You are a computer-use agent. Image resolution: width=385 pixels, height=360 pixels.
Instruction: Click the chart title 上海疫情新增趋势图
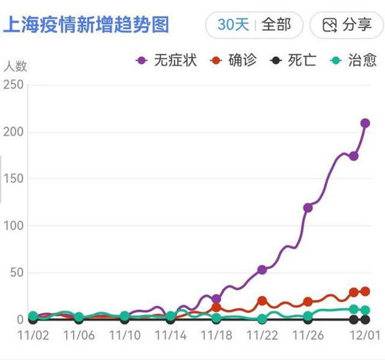pos(86,25)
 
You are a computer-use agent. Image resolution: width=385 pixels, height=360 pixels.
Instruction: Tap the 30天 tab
pos(233,25)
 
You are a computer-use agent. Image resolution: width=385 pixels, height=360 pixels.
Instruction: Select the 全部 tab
pos(276,25)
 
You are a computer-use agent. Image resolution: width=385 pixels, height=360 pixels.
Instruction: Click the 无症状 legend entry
pos(167,60)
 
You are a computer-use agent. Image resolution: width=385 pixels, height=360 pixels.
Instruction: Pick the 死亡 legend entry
pos(294,60)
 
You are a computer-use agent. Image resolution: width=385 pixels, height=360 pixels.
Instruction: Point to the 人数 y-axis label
pos(15,66)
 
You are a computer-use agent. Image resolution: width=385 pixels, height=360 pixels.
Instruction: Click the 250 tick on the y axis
pos(13,85)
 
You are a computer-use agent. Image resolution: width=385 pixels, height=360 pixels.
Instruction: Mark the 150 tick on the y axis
pos(13,179)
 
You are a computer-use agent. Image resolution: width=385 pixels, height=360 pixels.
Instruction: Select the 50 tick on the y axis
pos(16,273)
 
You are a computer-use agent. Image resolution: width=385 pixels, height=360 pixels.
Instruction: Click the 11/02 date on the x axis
pos(32,335)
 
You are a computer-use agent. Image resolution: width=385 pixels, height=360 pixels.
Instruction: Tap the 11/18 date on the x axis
pos(216,335)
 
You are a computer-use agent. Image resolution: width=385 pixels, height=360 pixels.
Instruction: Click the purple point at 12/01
pos(365,123)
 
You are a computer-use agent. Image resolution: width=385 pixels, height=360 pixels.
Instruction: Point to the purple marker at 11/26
pos(308,207)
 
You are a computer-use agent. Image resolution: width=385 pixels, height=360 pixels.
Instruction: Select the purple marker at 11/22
pos(262,270)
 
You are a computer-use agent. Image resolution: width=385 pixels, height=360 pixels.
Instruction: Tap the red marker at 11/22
pos(262,301)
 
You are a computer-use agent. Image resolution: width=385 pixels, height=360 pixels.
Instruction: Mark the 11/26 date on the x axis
pos(308,335)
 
